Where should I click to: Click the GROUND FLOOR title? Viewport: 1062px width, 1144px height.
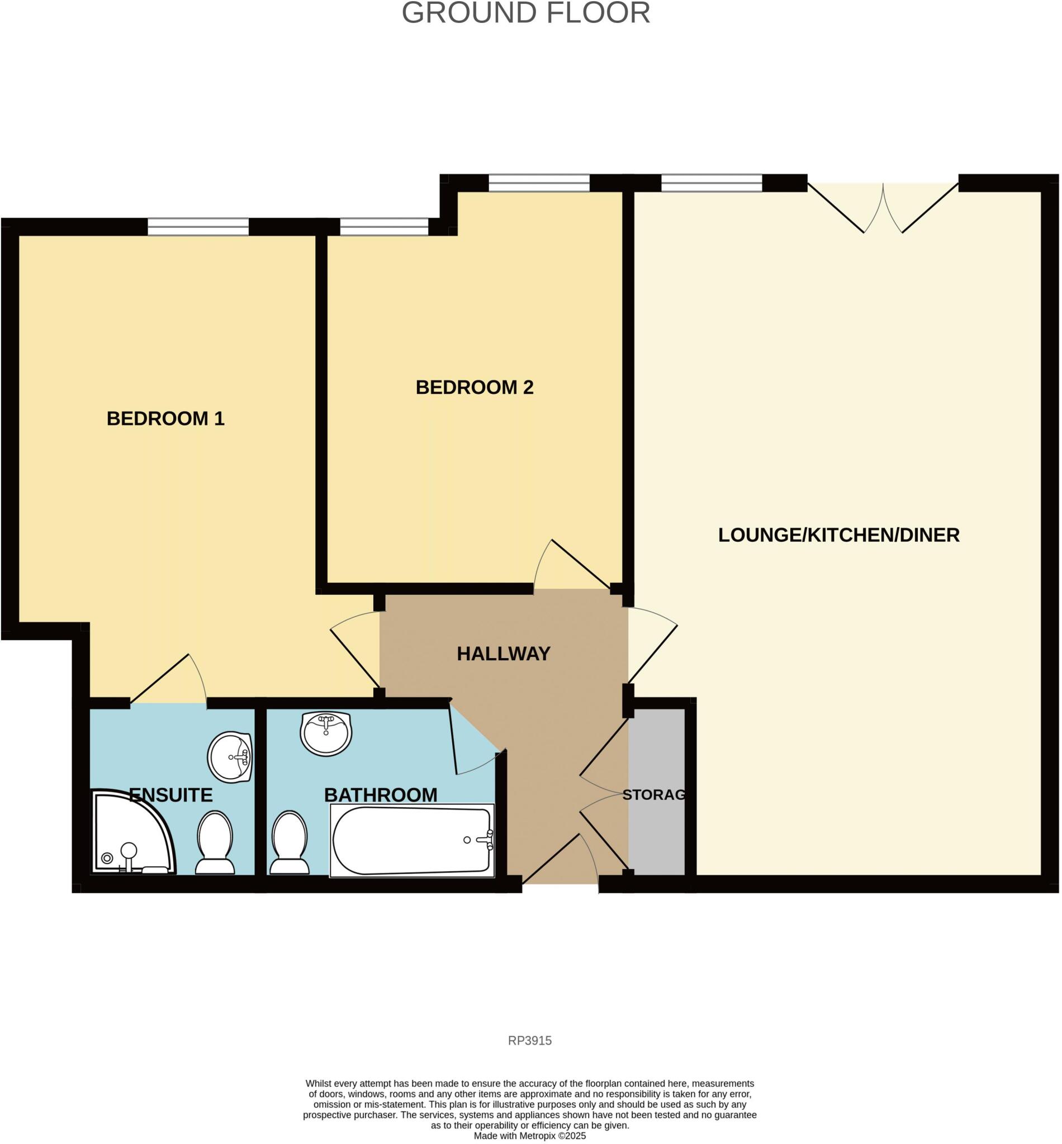point(525,13)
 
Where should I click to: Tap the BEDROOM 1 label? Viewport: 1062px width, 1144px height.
point(165,418)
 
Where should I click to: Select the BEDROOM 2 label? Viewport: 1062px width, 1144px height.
point(474,387)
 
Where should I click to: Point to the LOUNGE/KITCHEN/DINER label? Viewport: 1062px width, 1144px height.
point(838,535)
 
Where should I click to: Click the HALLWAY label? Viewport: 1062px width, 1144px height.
point(504,653)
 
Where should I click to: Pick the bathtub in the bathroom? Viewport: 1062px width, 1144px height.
point(411,840)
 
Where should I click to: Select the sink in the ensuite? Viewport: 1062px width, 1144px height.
point(230,757)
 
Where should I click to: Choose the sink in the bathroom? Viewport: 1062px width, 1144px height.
point(326,733)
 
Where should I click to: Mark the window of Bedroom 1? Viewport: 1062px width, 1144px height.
point(198,227)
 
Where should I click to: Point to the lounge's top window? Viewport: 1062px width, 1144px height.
point(712,183)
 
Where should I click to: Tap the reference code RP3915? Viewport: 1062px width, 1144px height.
point(529,1040)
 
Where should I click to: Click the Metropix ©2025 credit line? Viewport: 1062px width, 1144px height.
point(529,1136)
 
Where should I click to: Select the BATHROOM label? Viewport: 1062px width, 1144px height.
point(381,795)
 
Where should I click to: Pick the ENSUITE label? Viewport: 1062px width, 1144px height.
point(170,795)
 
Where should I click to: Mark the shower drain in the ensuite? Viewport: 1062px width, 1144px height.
point(107,858)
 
